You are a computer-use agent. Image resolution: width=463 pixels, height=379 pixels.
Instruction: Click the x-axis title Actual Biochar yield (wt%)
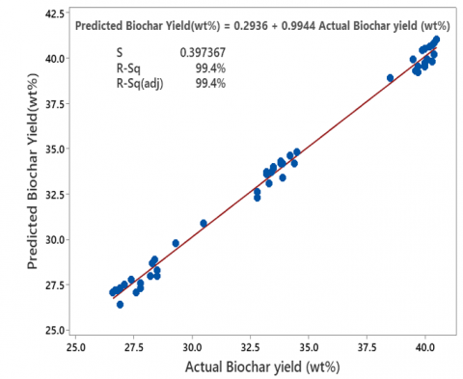point(256,367)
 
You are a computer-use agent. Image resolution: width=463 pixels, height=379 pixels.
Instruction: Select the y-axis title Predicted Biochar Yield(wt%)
point(17,172)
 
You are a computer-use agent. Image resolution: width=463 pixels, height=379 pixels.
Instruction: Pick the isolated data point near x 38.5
point(390,78)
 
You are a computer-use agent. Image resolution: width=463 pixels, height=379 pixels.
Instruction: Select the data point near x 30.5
point(204,223)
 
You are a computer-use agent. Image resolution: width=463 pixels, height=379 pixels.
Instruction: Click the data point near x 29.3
point(176,243)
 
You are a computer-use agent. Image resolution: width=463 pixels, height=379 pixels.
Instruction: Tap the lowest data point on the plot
point(120,304)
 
